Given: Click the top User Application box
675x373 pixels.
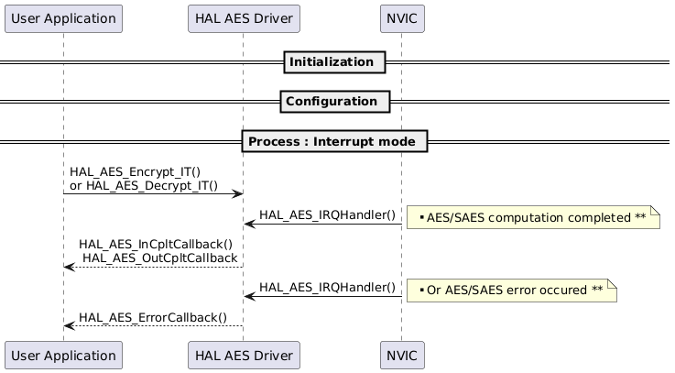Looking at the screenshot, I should tap(63, 17).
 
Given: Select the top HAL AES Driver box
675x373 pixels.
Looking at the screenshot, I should tap(243, 17).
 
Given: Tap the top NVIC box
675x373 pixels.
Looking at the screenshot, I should tap(400, 17).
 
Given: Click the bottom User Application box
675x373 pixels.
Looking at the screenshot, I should tap(63, 355).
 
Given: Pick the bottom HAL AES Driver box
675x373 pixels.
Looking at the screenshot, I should tap(243, 355).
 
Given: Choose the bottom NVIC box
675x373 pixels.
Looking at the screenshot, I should tap(400, 355).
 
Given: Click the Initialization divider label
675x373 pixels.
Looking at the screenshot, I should tap(332, 62).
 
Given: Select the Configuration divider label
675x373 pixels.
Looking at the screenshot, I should tap(332, 101).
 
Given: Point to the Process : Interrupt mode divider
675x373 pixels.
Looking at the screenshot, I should tap(334, 142).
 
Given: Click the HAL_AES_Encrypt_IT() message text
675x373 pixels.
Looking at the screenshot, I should tap(135, 171).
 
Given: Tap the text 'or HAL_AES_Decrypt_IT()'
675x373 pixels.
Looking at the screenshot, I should tap(144, 185).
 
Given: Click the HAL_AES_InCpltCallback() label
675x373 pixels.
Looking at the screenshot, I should tap(156, 245).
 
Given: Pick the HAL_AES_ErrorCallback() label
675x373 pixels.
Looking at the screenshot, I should tap(153, 318).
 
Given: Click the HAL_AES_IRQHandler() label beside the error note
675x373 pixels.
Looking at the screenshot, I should tap(327, 289).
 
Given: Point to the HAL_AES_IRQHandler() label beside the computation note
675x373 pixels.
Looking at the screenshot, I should tap(327, 215).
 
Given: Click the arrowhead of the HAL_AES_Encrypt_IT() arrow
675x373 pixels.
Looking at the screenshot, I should tap(237, 193).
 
